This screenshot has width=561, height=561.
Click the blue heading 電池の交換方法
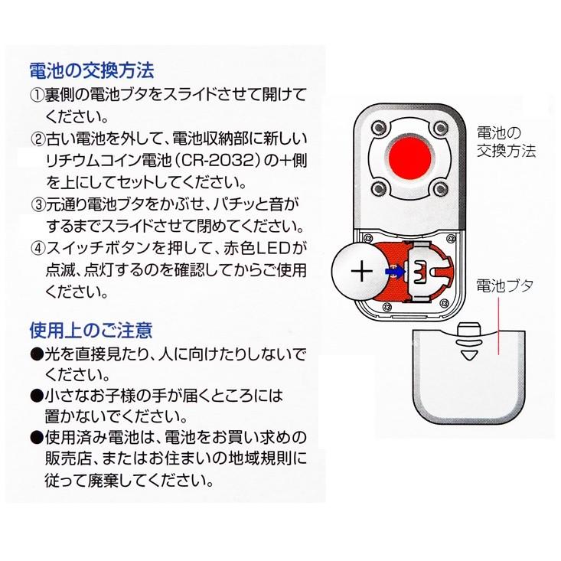[91, 71]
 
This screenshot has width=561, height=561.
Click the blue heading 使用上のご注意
[91, 331]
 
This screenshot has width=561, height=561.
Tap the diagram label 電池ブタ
[504, 285]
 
